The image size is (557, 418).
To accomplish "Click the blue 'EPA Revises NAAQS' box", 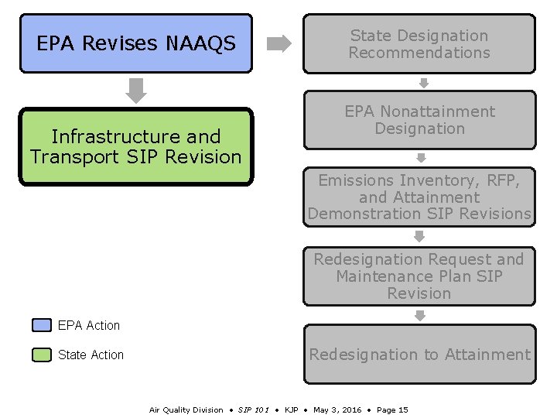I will [x=136, y=43].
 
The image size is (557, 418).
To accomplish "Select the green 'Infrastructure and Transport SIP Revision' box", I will [x=136, y=147].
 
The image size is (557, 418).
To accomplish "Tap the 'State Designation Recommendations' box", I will [x=419, y=44].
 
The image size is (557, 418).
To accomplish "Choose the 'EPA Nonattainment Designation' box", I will [x=419, y=120].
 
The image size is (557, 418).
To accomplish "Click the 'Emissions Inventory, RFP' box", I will [x=419, y=197].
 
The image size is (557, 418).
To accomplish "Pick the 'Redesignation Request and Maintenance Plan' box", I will [x=419, y=276].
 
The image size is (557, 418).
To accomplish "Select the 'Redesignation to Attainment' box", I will [x=419, y=355].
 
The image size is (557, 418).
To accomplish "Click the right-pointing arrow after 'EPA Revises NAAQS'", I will [x=278, y=44].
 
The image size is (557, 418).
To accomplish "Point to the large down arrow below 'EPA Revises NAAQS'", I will [x=136, y=90].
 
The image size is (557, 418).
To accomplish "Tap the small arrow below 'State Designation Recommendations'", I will [x=423, y=83].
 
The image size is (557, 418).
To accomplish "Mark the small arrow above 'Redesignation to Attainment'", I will [x=420, y=315].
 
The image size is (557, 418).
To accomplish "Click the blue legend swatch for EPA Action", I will [x=42, y=325].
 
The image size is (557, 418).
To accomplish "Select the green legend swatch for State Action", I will [x=42, y=355].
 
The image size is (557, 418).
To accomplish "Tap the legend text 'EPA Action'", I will [x=89, y=326].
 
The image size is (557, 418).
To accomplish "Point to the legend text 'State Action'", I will [x=91, y=355].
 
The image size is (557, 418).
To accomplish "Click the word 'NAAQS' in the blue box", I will [x=200, y=44].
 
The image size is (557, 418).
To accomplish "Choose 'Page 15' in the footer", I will [x=392, y=409].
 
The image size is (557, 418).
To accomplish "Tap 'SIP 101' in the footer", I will [x=253, y=409].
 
